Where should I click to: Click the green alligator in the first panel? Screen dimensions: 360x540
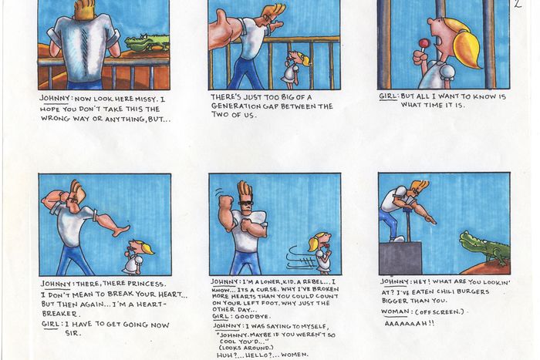(146, 42)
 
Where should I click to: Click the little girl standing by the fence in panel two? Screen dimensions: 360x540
(293, 67)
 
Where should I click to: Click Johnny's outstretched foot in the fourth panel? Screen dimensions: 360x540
(120, 230)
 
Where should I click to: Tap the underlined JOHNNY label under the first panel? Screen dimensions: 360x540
(58, 98)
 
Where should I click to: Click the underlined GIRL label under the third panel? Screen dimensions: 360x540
(388, 96)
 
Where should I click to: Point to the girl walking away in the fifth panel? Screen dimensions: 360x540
(322, 254)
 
